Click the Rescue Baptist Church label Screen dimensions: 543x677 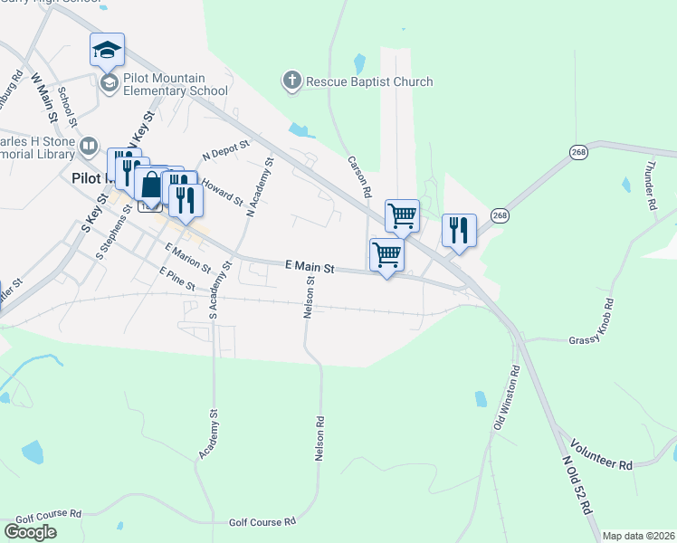[x=369, y=82]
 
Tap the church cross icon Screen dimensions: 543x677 [x=291, y=81]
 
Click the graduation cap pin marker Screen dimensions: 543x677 [x=107, y=51]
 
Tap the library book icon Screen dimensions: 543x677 [x=89, y=145]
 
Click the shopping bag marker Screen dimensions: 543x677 [x=151, y=185]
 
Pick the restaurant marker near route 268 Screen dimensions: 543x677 [x=459, y=230]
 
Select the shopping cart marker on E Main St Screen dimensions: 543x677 [x=386, y=255]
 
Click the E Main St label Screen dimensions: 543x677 [x=310, y=268]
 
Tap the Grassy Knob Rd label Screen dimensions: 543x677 [x=591, y=340]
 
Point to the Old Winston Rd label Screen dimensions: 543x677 [x=506, y=398]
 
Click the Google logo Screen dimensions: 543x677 [x=30, y=531]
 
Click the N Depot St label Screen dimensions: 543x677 [x=225, y=150]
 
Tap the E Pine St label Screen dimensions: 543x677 [x=176, y=279]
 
